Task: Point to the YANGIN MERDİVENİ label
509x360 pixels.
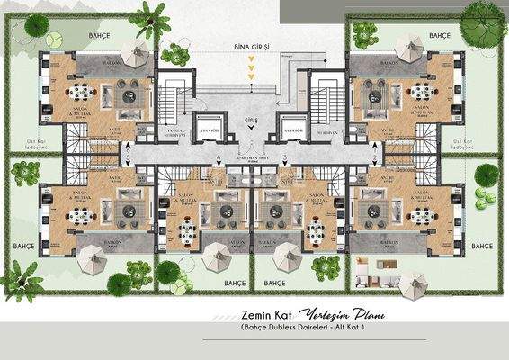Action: point(174,132)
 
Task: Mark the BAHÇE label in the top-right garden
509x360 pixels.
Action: point(439,36)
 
